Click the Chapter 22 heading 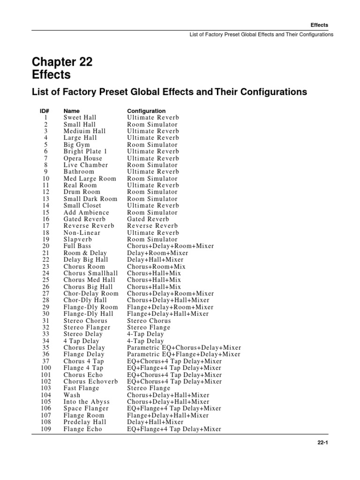[x=62, y=62]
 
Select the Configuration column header [x=146, y=111]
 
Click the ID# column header [x=45, y=111]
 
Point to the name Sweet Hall [x=80, y=118]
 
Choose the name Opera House [x=82, y=158]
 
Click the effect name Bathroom [x=79, y=172]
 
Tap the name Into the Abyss [x=87, y=402]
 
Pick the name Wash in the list [x=72, y=395]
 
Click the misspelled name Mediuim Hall [x=84, y=131]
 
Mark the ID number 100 [x=46, y=368]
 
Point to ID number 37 [x=46, y=361]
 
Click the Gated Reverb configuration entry [x=149, y=219]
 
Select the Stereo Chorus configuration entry [x=149, y=321]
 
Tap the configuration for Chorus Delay [x=184, y=348]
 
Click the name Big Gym [x=77, y=145]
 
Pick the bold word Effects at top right [x=319, y=25]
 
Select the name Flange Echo [x=82, y=429]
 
